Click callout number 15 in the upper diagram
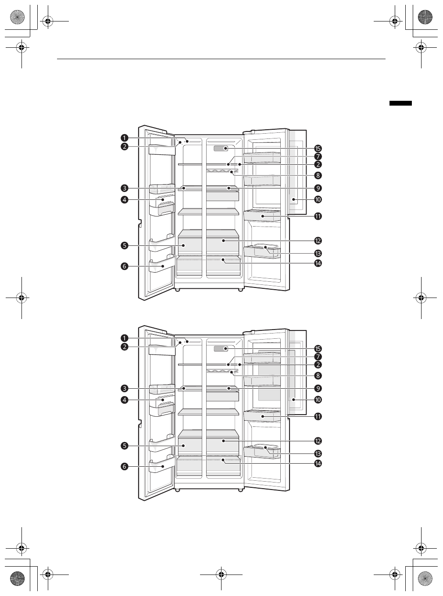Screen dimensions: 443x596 coord(318,149)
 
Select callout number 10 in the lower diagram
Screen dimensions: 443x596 coord(318,400)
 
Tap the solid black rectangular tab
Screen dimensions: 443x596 coord(400,103)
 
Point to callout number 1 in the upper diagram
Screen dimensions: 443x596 coord(124,138)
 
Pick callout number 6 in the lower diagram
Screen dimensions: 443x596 coord(124,466)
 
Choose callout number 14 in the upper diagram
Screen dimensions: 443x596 coord(318,263)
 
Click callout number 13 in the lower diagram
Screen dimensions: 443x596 coord(318,454)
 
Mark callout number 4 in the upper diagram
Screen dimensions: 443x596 coord(124,200)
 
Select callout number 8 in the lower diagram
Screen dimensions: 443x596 coord(318,376)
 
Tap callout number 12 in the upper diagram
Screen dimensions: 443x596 coord(318,241)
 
